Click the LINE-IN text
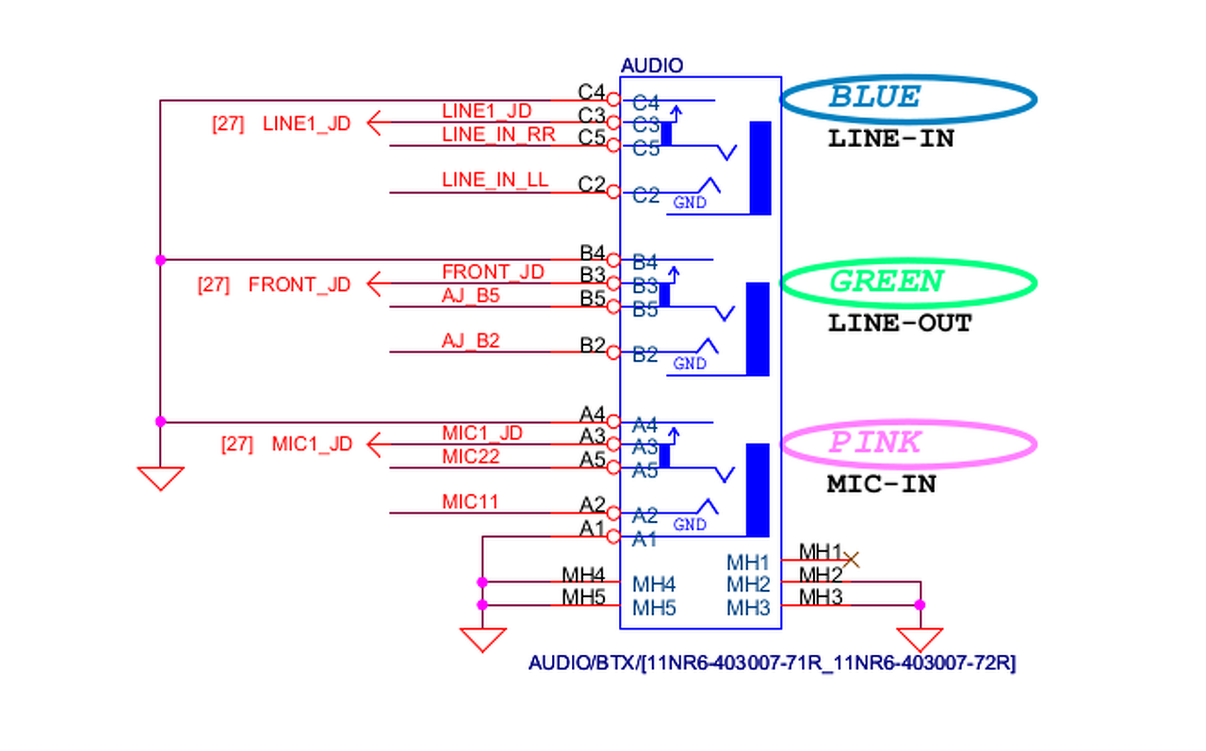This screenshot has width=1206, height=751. point(890,139)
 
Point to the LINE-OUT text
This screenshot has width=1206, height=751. point(900,323)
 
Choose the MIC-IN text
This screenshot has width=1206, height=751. point(882,484)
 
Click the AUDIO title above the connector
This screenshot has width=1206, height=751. point(652,66)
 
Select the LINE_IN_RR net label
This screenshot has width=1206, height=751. point(498,135)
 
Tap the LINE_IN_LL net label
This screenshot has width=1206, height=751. point(495,180)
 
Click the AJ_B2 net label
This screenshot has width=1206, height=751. point(471,340)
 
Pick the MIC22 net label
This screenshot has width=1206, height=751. point(471,457)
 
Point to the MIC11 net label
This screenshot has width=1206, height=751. point(470,502)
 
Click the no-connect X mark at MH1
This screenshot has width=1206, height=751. point(851,560)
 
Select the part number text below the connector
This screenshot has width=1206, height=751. point(772,663)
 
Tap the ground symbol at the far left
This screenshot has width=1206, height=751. point(160,478)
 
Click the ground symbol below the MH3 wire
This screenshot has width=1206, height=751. point(921,640)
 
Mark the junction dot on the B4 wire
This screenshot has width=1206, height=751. point(160,259)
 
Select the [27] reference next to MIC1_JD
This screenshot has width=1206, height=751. point(236,444)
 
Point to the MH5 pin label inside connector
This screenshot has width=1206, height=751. point(654,608)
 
